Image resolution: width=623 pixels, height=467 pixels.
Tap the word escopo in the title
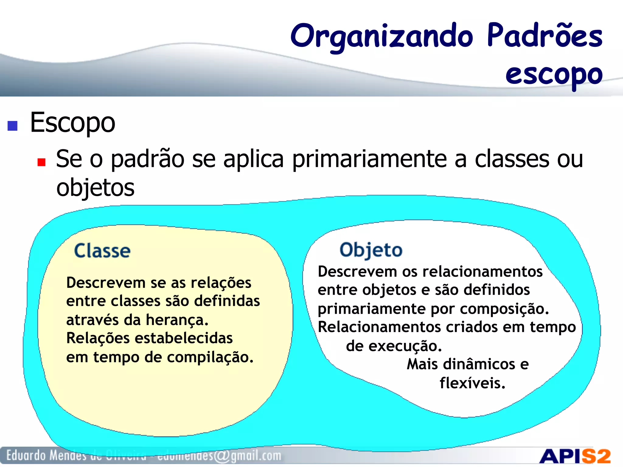[x=554, y=75]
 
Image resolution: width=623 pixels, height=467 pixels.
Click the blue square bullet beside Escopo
[x=12, y=126]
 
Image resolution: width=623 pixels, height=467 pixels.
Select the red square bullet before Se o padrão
[x=41, y=162]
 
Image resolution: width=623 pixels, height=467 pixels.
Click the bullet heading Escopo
[x=72, y=123]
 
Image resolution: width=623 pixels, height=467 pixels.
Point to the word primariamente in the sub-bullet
[x=369, y=159]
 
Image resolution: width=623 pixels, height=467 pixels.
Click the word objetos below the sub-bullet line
[x=95, y=188]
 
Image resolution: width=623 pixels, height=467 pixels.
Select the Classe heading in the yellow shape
[x=102, y=251]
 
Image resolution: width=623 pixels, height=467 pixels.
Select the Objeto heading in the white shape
[x=371, y=250]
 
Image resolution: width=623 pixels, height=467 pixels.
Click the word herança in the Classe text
[x=177, y=320]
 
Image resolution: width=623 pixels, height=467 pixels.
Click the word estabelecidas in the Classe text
[x=183, y=338]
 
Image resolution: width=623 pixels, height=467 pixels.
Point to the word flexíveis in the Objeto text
[x=472, y=383]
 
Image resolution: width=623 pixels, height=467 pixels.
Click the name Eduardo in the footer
[x=26, y=455]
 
